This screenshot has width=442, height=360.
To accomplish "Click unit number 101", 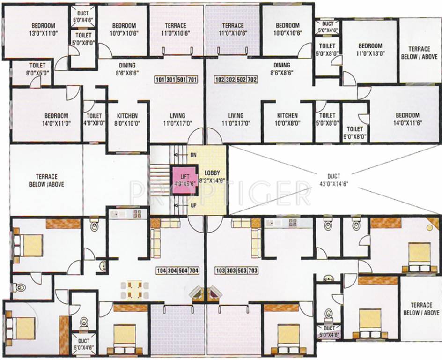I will pos(160,80).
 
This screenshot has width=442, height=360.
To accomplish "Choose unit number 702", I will pos(251,80).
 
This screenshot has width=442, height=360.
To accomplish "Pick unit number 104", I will pos(162,271).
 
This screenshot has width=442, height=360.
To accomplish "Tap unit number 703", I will pos(251,271).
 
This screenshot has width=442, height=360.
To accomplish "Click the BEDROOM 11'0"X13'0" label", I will pos(370,50).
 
